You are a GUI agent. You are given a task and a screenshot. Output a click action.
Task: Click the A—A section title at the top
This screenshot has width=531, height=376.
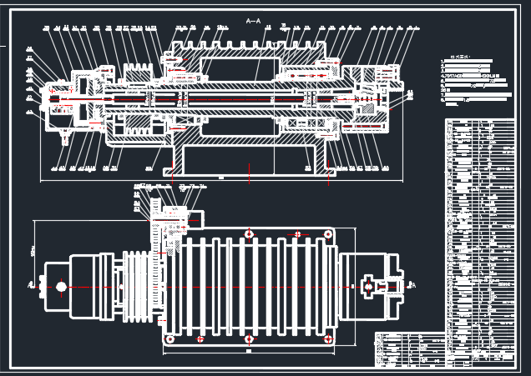point(253,20)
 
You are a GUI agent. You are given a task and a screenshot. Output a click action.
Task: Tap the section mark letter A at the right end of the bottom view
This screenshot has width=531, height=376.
point(416,284)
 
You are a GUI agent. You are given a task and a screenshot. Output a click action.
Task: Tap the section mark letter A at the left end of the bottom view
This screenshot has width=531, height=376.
point(32,286)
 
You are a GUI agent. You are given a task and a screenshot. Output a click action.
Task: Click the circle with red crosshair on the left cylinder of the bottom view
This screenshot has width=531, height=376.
point(61,287)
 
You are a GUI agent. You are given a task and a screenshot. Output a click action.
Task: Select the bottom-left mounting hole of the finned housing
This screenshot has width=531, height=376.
point(170,339)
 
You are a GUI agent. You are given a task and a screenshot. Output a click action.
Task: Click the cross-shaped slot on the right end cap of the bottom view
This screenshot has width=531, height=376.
point(368,287)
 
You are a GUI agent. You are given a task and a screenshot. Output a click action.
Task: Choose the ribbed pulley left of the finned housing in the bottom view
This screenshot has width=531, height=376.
point(139,287)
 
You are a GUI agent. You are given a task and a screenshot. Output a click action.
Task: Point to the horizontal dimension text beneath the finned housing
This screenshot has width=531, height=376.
point(249,351)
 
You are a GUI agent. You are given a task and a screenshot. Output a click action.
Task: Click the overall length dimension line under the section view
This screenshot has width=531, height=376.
point(221,178)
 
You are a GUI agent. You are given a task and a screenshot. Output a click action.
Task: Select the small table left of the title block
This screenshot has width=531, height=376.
point(409,348)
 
